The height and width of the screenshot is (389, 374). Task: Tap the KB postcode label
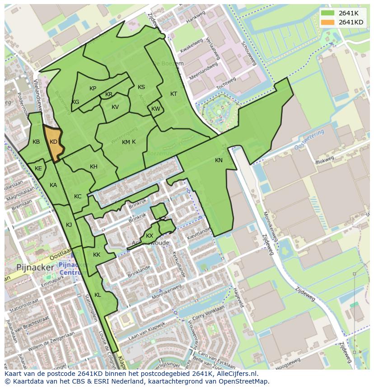[37, 142]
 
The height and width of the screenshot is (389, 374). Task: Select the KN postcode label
[219, 160]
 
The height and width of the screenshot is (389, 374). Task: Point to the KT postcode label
[173, 94]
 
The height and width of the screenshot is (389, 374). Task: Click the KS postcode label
[141, 87]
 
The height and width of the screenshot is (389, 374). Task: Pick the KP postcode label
[93, 89]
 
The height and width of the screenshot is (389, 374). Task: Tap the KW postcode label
[155, 109]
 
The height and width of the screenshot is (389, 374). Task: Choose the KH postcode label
[93, 167]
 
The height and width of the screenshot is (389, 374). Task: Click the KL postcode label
[98, 295]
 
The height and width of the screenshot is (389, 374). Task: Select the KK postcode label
[97, 255]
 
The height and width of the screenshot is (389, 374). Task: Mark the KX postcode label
[150, 236]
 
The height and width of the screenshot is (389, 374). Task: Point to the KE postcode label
[38, 169]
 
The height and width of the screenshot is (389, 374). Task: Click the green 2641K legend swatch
[328, 13]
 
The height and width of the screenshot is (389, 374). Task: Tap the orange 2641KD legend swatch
[328, 22]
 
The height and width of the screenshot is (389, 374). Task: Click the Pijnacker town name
[35, 267]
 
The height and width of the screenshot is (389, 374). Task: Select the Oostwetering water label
[309, 140]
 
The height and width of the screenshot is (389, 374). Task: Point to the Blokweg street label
[324, 160]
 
